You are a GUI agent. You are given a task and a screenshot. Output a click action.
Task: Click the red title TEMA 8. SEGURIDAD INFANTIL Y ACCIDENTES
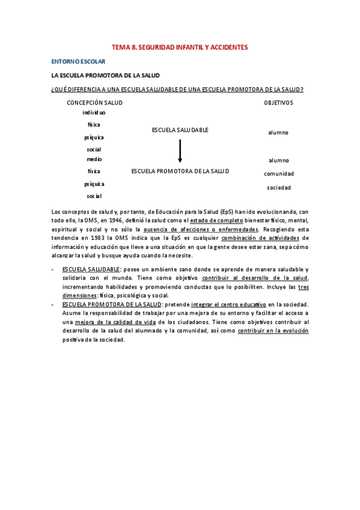click(180, 47)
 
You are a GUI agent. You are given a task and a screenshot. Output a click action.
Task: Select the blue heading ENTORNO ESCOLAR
click(78, 61)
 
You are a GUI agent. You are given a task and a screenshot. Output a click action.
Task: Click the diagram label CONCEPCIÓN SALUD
click(94, 103)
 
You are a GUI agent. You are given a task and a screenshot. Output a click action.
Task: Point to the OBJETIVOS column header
click(278, 103)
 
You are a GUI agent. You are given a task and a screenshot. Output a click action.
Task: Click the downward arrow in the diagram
click(180, 152)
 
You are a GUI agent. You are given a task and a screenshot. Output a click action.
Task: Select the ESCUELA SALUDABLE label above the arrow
click(180, 130)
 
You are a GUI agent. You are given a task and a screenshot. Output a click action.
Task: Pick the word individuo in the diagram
click(94, 112)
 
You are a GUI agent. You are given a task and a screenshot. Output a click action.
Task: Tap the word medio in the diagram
click(94, 159)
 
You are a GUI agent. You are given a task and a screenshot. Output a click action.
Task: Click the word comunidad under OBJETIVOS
click(279, 174)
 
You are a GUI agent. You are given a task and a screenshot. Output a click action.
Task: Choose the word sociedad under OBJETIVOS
click(279, 188)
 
